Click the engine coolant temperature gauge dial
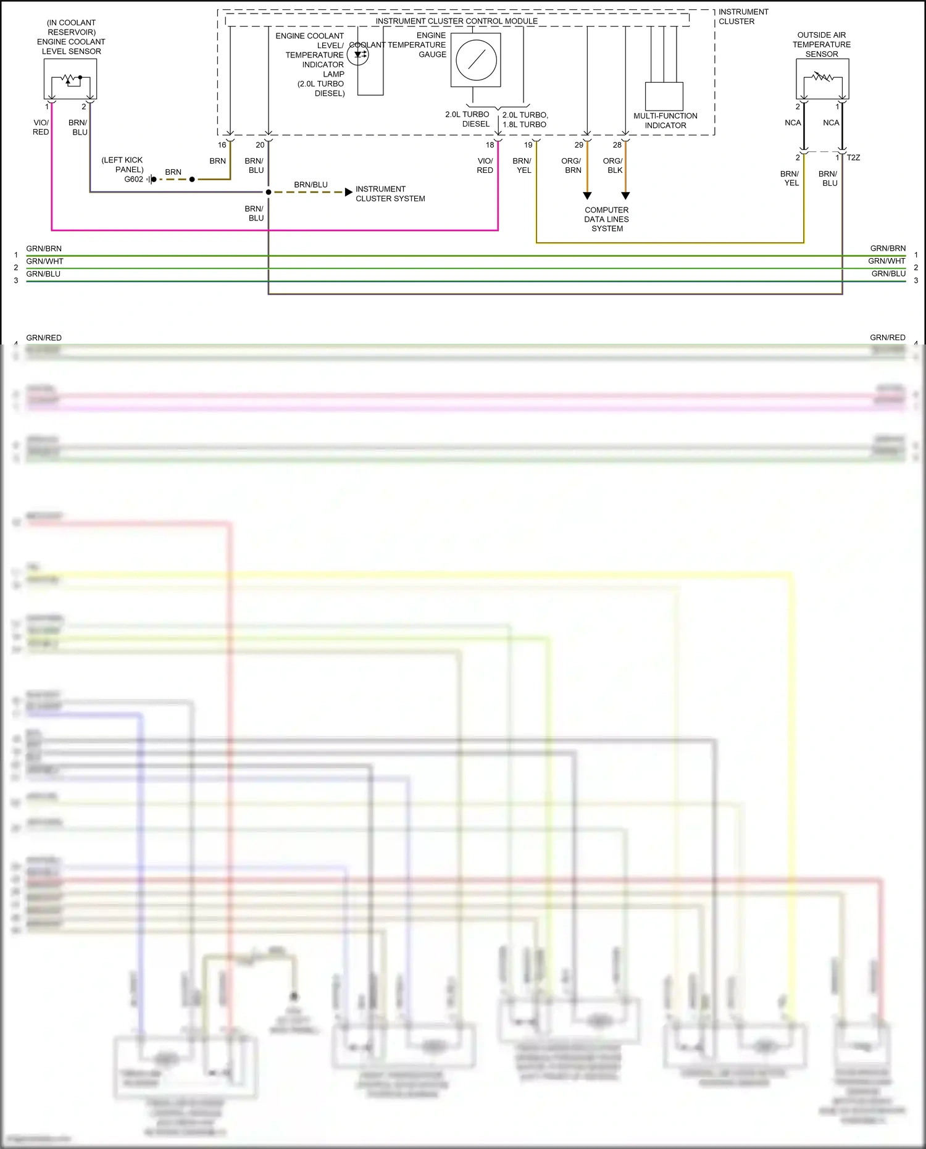pyautogui.click(x=476, y=60)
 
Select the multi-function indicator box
pyautogui.click(x=664, y=96)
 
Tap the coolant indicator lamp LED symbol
pyautogui.click(x=358, y=55)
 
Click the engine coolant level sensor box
pyautogui.click(x=70, y=80)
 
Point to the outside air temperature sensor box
pyautogui.click(x=822, y=79)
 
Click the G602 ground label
pyautogui.click(x=133, y=180)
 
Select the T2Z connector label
pyautogui.click(x=853, y=158)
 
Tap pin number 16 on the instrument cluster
pyautogui.click(x=222, y=145)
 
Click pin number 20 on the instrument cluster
pyautogui.click(x=260, y=145)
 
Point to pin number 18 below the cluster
pyautogui.click(x=490, y=145)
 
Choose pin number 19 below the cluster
pyautogui.click(x=528, y=145)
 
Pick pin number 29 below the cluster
pyautogui.click(x=578, y=145)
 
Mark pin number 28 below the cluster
pyautogui.click(x=617, y=145)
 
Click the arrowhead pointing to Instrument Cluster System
pyautogui.click(x=349, y=192)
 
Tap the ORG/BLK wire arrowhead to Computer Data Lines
pyautogui.click(x=625, y=196)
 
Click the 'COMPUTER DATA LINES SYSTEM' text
pyautogui.click(x=607, y=219)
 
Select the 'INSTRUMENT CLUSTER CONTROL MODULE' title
pyautogui.click(x=456, y=21)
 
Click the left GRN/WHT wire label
pyautogui.click(x=44, y=261)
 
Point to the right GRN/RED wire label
pyautogui.click(x=887, y=338)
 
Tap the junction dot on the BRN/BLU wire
pyautogui.click(x=269, y=192)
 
